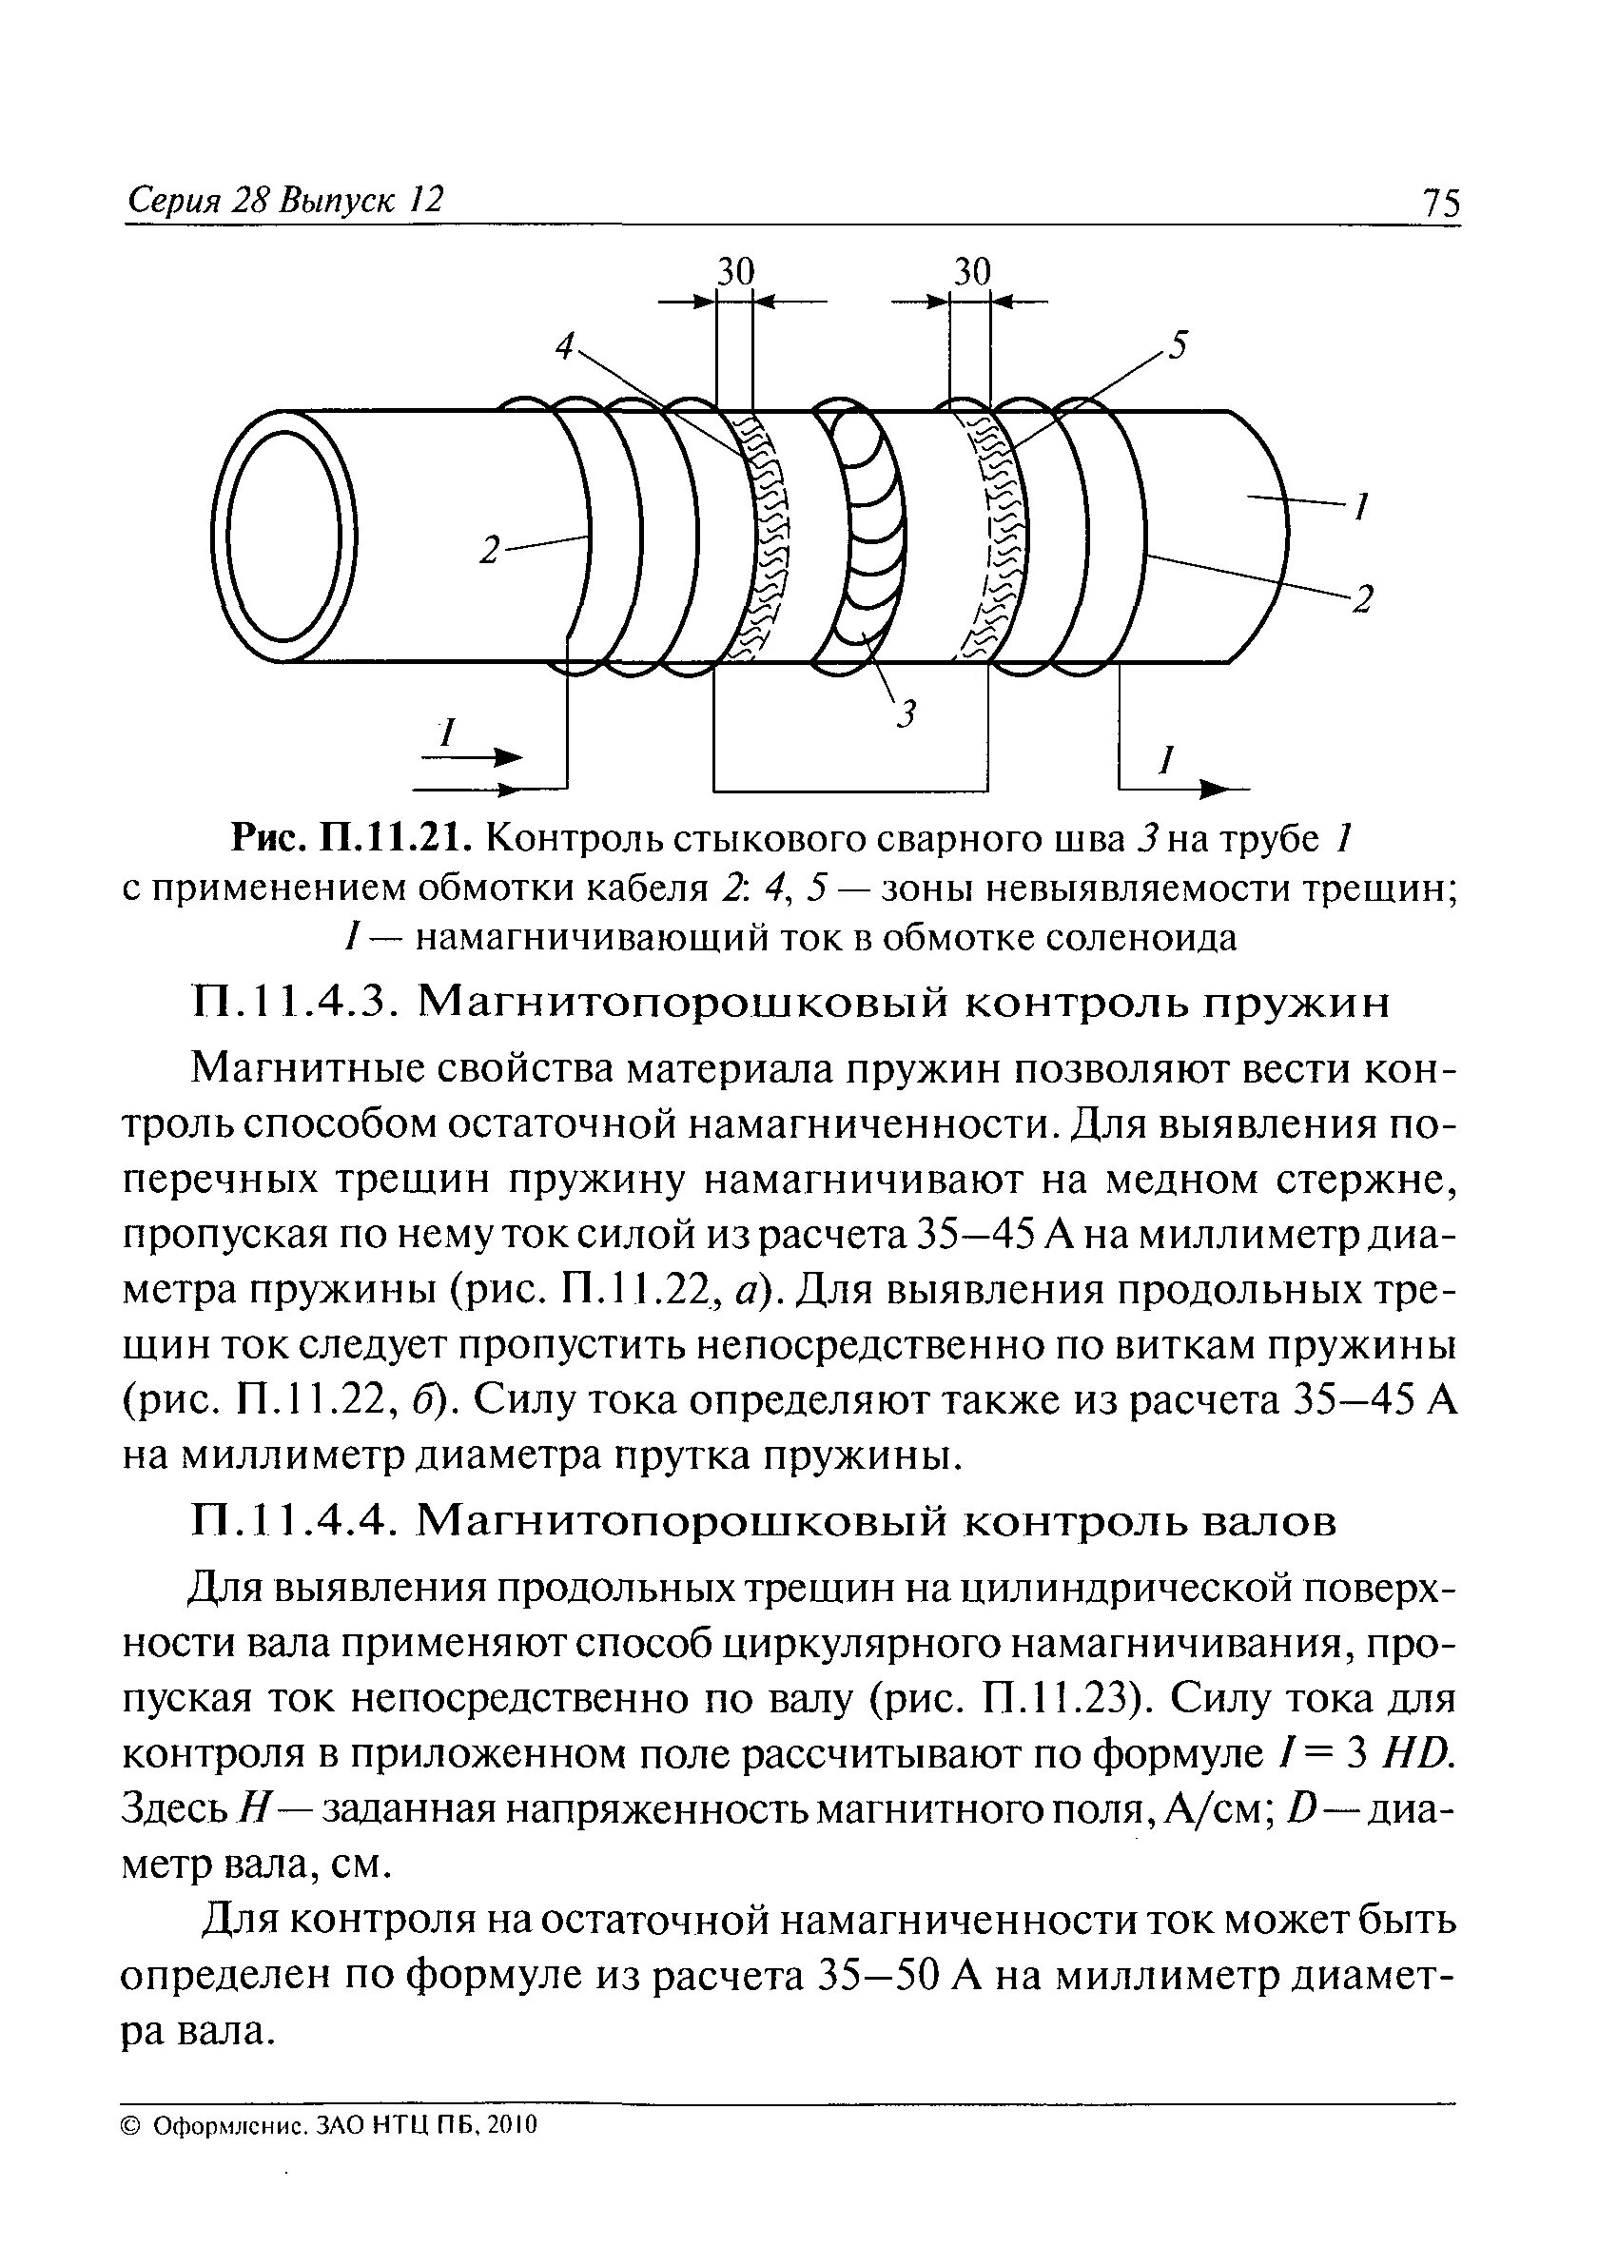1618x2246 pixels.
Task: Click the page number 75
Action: click(x=1440, y=204)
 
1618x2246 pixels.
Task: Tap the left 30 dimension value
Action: click(x=734, y=271)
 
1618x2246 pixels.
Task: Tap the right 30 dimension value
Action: click(x=971, y=271)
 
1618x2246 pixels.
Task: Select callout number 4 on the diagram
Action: click(x=564, y=345)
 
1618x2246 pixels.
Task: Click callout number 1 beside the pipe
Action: click(x=1361, y=508)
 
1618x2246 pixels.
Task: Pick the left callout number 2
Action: click(x=488, y=552)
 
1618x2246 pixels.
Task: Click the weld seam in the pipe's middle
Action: click(x=867, y=535)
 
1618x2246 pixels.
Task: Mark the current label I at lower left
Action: click(x=448, y=734)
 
